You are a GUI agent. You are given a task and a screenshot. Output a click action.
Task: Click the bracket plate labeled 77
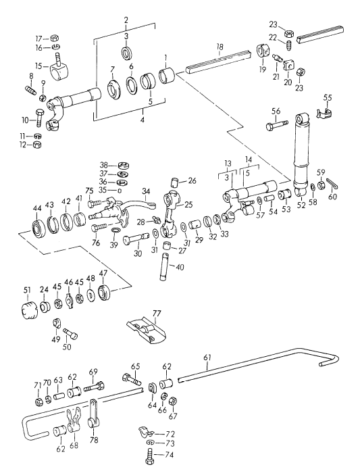pos(145,330)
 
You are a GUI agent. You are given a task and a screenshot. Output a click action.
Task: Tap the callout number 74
pos(170,455)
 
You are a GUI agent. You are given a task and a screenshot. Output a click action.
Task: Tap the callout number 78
pos(93,440)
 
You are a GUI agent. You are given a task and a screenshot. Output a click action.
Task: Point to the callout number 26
pos(192,180)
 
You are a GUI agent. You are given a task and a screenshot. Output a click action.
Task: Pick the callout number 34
pos(145,194)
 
